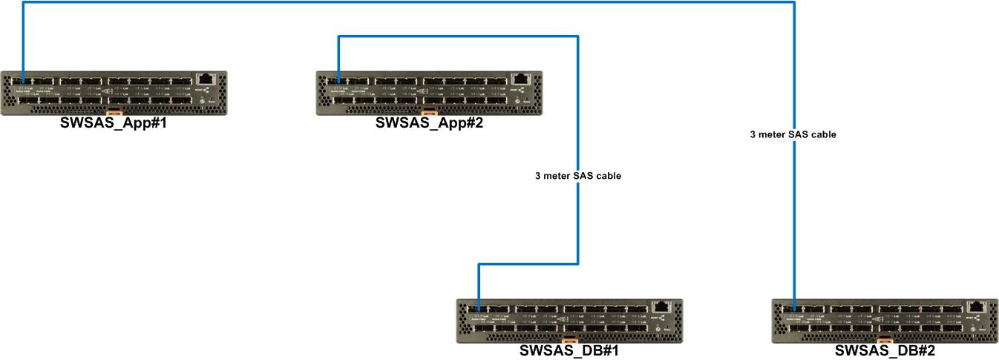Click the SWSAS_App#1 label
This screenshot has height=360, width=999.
click(114, 123)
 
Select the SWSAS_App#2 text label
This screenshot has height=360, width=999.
click(429, 123)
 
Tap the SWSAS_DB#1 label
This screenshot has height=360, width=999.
click(569, 351)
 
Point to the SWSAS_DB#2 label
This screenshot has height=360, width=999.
click(885, 351)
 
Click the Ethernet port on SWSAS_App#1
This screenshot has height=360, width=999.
click(204, 79)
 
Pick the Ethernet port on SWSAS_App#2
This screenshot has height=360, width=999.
click(520, 79)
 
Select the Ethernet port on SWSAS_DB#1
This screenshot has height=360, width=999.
click(660, 307)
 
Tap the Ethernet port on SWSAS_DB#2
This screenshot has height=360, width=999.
click(975, 307)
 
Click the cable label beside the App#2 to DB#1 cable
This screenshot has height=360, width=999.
click(577, 177)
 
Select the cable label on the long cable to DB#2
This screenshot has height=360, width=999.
click(793, 135)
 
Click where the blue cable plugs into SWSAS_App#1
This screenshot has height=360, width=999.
click(23, 79)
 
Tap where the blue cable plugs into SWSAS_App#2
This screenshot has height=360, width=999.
click(338, 79)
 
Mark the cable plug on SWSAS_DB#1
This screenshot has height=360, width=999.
click(479, 307)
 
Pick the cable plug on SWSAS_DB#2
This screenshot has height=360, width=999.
click(794, 307)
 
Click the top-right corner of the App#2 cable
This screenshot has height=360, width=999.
click(577, 36)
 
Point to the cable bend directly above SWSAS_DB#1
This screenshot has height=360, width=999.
click(479, 264)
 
